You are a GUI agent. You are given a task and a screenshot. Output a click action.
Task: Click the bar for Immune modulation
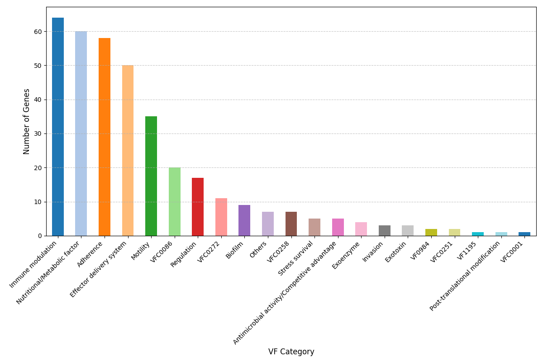coord(58,127)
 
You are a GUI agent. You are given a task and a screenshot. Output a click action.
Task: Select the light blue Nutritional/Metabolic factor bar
coord(81,133)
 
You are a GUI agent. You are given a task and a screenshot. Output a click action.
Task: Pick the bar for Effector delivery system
coord(128,150)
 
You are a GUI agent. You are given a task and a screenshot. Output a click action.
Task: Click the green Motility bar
coord(151,176)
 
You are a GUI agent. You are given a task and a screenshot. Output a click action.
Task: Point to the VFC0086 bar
coord(175,201)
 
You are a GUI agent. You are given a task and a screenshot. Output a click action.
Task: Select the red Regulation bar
coord(198,207)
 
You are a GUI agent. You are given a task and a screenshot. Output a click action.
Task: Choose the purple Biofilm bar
coord(244,220)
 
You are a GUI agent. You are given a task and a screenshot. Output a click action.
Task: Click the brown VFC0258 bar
coord(291,224)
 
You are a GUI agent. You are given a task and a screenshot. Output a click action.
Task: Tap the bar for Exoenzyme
coord(361,229)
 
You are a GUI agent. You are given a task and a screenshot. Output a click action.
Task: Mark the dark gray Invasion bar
coord(385,231)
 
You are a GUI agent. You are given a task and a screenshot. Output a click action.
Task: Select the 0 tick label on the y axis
coord(39,236)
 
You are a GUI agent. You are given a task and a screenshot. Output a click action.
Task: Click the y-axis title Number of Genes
coord(27,121)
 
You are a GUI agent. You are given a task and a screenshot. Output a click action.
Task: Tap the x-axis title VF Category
coord(291,352)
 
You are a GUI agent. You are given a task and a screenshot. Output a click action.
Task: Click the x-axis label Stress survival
coord(296,258)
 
